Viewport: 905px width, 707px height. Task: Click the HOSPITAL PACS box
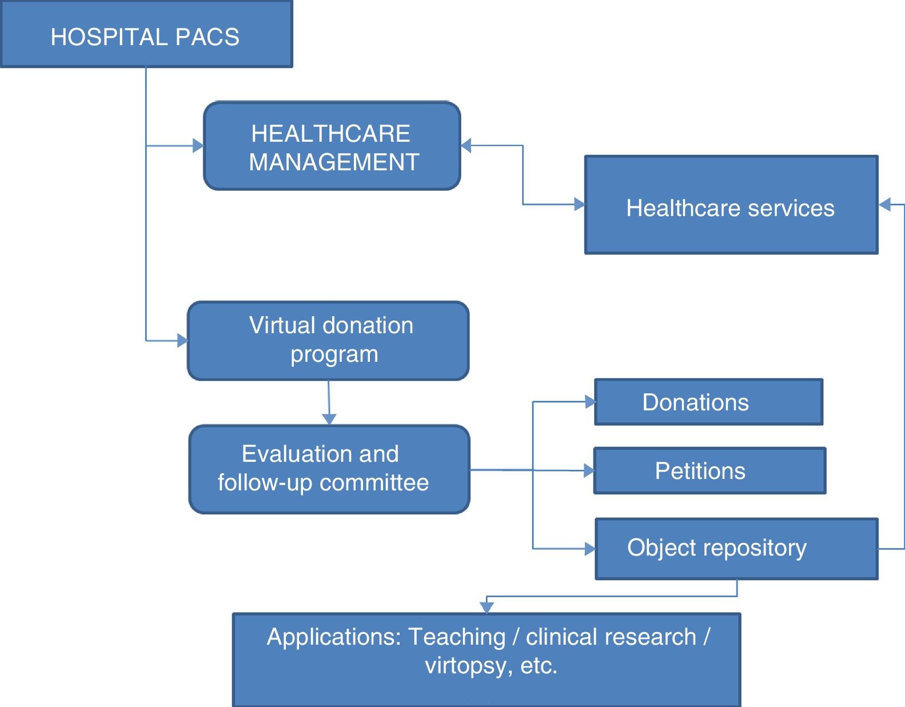146,34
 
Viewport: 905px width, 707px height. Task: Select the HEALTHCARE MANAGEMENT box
332,146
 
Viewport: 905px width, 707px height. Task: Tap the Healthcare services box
731,205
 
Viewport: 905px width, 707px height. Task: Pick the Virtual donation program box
328,341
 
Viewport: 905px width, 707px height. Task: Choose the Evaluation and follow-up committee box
329,469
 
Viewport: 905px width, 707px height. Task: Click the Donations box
708,402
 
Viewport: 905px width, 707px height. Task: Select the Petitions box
709,470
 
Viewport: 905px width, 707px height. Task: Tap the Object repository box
736,548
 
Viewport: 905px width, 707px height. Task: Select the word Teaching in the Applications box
457,637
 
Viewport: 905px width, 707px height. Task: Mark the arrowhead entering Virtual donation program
183,341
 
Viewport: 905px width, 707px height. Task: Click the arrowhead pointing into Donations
590,402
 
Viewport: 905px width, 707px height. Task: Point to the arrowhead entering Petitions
589,470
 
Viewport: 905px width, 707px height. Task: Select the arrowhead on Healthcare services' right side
884,204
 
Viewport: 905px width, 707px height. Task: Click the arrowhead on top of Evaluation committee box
329,420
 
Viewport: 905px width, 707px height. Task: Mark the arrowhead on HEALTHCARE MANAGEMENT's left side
198,146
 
